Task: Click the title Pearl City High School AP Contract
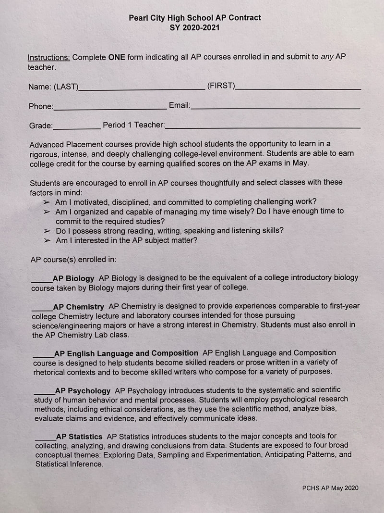[195, 18]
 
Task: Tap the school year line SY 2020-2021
[195, 28]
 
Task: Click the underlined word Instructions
[49, 57]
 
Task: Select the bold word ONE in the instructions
[117, 57]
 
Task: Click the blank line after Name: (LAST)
[142, 88]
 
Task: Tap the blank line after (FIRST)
[299, 88]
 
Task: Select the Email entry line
[276, 108]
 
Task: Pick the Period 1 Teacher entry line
[263, 127]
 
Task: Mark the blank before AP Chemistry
[42, 308]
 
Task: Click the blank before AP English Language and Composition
[43, 355]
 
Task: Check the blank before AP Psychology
[44, 393]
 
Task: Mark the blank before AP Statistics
[45, 438]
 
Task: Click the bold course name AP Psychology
[83, 391]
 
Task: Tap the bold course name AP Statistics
[79, 437]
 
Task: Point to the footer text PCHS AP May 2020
[330, 488]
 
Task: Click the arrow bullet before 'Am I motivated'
[47, 202]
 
